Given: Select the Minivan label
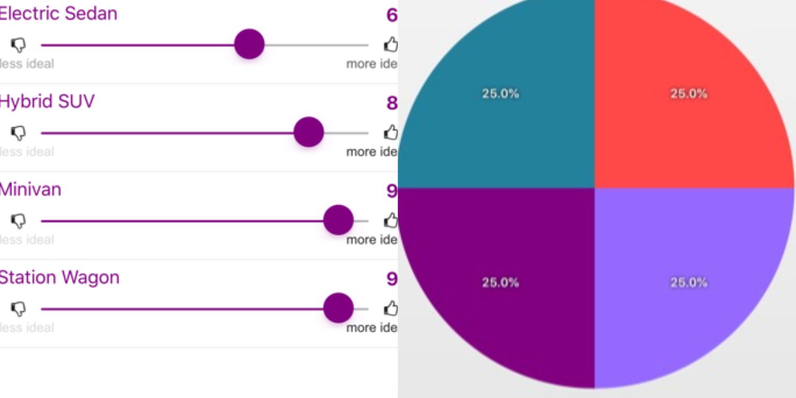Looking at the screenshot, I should pyautogui.click(x=30, y=189).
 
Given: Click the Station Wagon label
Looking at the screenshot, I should pyautogui.click(x=59, y=278).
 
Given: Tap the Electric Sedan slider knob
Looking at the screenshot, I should pyautogui.click(x=249, y=45).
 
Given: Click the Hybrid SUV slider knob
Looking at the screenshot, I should pyautogui.click(x=308, y=132).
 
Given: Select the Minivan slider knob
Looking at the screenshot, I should pyautogui.click(x=338, y=220).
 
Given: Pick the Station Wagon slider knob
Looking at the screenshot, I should pyautogui.click(x=338, y=308).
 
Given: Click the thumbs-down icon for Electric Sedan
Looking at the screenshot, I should pyautogui.click(x=19, y=45).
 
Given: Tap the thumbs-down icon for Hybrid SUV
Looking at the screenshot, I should pyautogui.click(x=19, y=133).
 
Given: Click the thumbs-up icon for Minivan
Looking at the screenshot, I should pyautogui.click(x=391, y=220).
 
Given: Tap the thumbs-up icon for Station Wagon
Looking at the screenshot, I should pyautogui.click(x=391, y=308).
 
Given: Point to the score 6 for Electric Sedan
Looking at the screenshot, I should pyautogui.click(x=392, y=15).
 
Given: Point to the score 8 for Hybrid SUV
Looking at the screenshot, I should pyautogui.click(x=392, y=103).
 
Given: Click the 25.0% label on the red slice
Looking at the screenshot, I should pyautogui.click(x=688, y=94).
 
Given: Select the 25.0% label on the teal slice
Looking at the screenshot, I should pyautogui.click(x=500, y=94).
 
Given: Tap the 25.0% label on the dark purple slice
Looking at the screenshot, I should pyautogui.click(x=500, y=282).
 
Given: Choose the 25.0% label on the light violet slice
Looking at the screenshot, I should pyautogui.click(x=688, y=282).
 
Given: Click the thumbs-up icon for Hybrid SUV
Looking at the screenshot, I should pyautogui.click(x=391, y=132).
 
